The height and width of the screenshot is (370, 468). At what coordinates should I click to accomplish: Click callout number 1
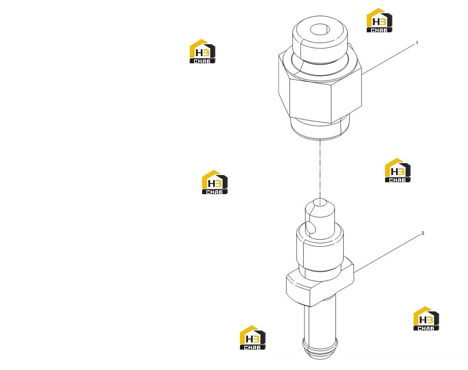tap(417, 43)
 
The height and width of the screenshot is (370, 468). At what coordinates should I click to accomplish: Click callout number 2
tap(422, 233)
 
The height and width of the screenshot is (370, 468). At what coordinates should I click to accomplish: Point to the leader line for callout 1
tap(388, 59)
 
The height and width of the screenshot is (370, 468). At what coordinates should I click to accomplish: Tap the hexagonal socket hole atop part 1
tap(320, 30)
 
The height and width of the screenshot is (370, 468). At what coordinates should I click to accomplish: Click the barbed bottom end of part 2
tap(320, 349)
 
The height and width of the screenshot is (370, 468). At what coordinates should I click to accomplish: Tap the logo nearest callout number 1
tap(380, 20)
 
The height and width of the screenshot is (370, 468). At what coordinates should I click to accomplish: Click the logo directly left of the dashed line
tap(214, 182)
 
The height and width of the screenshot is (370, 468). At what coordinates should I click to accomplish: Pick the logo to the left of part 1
tap(203, 51)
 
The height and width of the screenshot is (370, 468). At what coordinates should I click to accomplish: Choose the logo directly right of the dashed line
tap(397, 170)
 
